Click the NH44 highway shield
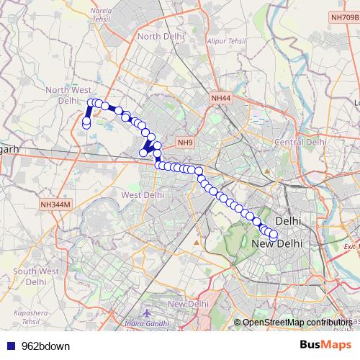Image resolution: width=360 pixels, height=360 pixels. [221, 97]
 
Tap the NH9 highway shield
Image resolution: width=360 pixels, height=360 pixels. [185, 143]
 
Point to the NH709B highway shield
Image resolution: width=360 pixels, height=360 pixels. [344, 17]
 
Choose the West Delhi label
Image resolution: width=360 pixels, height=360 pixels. [143, 195]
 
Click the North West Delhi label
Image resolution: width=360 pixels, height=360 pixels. [67, 95]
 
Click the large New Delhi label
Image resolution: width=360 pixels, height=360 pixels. [277, 245]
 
